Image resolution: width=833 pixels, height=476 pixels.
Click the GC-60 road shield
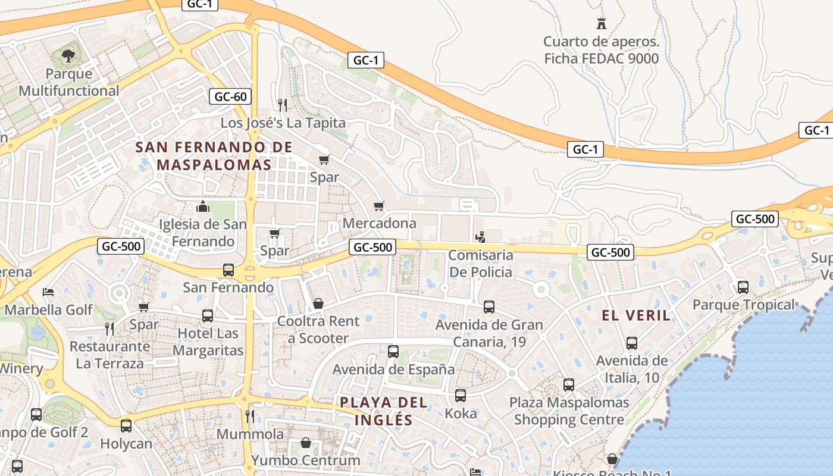pyautogui.click(x=230, y=96)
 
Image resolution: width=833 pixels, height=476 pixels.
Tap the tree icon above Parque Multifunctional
pyautogui.click(x=68, y=57)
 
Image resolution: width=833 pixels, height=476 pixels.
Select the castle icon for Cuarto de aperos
pyautogui.click(x=602, y=24)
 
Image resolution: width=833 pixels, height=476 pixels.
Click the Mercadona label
pyautogui.click(x=380, y=223)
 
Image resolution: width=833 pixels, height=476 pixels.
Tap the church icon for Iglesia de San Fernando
pyautogui.click(x=202, y=207)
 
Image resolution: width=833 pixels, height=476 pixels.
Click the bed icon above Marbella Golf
pyautogui.click(x=48, y=292)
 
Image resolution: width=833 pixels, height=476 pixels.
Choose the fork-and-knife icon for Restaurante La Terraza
pyautogui.click(x=109, y=328)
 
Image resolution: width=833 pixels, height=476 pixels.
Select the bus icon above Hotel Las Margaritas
pyautogui.click(x=208, y=316)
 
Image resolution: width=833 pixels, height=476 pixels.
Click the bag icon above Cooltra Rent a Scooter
pyautogui.click(x=318, y=304)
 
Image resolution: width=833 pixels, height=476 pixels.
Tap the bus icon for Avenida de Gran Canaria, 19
pyautogui.click(x=489, y=307)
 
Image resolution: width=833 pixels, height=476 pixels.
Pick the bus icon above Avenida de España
pyautogui.click(x=393, y=352)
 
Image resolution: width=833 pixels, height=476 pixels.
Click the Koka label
pyautogui.click(x=461, y=413)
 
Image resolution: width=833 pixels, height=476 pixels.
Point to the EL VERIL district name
pyautogui.click(x=636, y=315)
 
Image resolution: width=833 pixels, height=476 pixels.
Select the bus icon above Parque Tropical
pyautogui.click(x=743, y=287)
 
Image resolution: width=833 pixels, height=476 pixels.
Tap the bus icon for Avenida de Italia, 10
pyautogui.click(x=632, y=343)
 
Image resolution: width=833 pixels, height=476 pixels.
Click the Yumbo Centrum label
pyautogui.click(x=306, y=460)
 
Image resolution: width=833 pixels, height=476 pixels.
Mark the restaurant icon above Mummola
pyautogui.click(x=250, y=416)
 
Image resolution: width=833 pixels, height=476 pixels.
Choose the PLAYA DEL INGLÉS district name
pyautogui.click(x=384, y=411)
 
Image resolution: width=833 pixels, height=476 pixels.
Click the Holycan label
pyautogui.click(x=126, y=443)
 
